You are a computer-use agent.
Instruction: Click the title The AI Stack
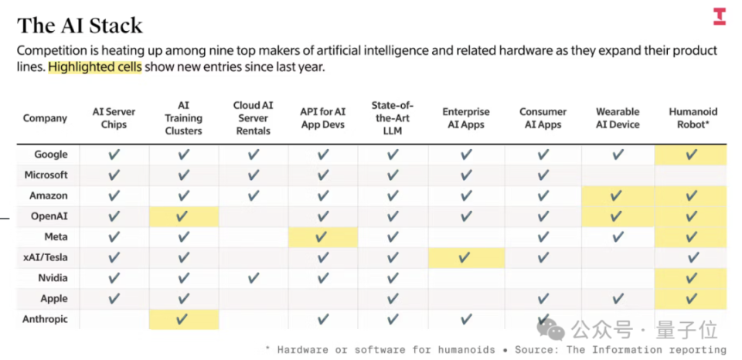(80, 25)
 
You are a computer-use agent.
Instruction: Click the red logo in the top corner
(720, 16)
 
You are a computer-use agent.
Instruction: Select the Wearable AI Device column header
(618, 118)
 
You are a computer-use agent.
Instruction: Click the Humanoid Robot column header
(693, 118)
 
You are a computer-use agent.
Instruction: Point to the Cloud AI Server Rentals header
(254, 117)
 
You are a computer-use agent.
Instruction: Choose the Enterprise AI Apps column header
(466, 118)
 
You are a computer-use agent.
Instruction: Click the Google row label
(51, 155)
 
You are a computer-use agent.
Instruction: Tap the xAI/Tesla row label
(46, 257)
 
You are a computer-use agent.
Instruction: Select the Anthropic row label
(45, 319)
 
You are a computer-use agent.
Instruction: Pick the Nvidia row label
(53, 277)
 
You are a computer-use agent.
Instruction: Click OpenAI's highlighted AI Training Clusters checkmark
(182, 216)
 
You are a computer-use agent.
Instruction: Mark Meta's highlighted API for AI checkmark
(322, 236)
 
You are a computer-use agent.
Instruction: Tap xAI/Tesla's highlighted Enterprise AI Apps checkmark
(465, 257)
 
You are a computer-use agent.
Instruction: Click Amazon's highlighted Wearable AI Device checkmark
(616, 195)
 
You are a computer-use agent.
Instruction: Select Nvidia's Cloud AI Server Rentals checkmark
(254, 277)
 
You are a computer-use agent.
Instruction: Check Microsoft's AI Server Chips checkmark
(114, 175)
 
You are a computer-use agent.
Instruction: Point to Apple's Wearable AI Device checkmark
(618, 298)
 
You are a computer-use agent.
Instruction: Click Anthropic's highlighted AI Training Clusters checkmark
(182, 319)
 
